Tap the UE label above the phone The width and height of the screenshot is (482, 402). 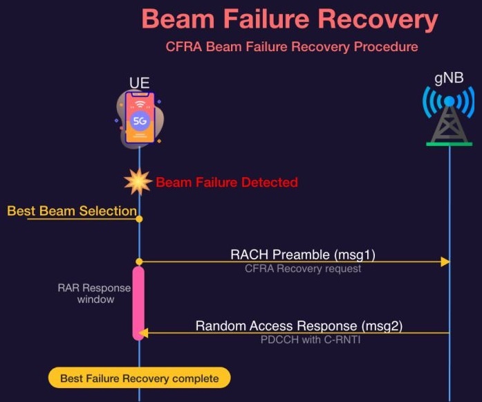pyautogui.click(x=139, y=84)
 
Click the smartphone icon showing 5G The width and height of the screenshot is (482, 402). pyautogui.click(x=140, y=118)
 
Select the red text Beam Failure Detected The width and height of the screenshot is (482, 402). pyautogui.click(x=227, y=183)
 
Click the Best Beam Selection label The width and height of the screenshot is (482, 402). pyautogui.click(x=71, y=211)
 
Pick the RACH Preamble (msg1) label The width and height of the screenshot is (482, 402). pyautogui.click(x=303, y=254)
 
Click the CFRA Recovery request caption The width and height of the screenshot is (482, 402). pyautogui.click(x=303, y=268)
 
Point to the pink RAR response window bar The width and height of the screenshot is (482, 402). pyautogui.click(x=138, y=302)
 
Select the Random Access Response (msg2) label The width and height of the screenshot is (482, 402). pyautogui.click(x=299, y=325)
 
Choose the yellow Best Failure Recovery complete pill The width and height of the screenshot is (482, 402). pyautogui.click(x=139, y=378)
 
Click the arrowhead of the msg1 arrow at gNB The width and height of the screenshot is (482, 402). pyautogui.click(x=445, y=262)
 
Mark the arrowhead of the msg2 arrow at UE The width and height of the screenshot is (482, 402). pyautogui.click(x=143, y=334)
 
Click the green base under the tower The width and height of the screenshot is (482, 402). pyautogui.click(x=449, y=144)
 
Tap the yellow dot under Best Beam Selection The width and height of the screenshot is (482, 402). pyautogui.click(x=139, y=219)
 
